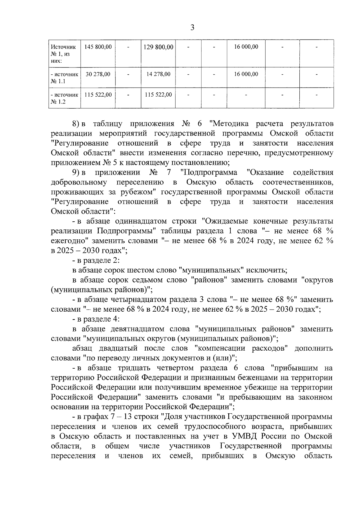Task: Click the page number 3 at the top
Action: coord(192,28)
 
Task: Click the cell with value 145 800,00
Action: coord(98,47)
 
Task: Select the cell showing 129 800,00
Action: coord(158,47)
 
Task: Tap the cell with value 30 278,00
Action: coord(98,74)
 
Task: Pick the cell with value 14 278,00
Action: coord(158,74)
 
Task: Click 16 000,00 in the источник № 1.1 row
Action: coord(246,74)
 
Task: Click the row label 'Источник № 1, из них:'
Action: coord(63,54)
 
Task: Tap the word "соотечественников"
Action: coord(298,182)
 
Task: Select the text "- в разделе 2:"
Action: coord(96,260)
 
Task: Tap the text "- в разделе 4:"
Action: coord(96,319)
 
